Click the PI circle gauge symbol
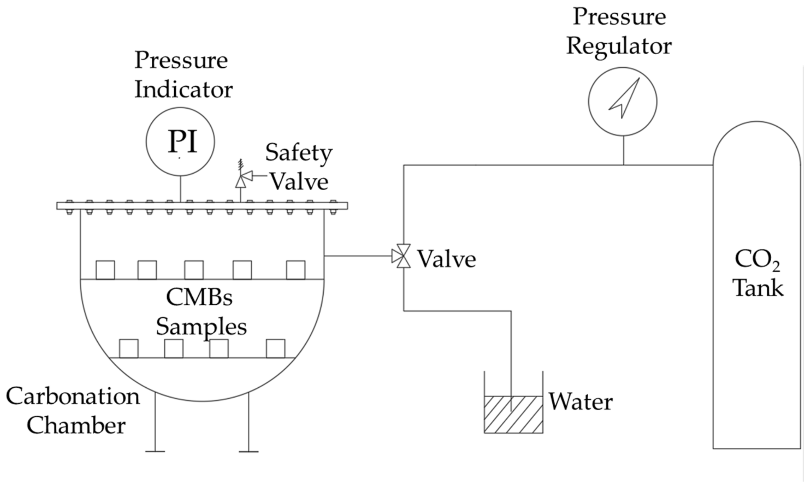click(180, 142)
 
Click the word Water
click(580, 402)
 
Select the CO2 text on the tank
click(757, 260)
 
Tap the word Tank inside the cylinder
click(758, 288)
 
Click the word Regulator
click(619, 46)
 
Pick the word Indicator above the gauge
click(183, 89)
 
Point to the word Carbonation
click(73, 396)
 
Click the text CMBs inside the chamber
click(199, 297)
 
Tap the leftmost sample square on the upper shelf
click(105, 270)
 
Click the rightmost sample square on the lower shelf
click(275, 348)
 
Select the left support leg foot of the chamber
click(155, 451)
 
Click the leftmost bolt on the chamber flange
click(69, 207)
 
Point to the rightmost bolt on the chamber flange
click(333, 207)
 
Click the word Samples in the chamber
click(201, 327)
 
